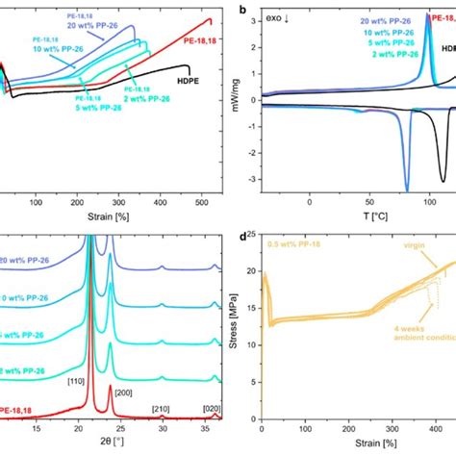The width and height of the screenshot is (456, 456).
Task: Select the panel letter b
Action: (242, 9)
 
